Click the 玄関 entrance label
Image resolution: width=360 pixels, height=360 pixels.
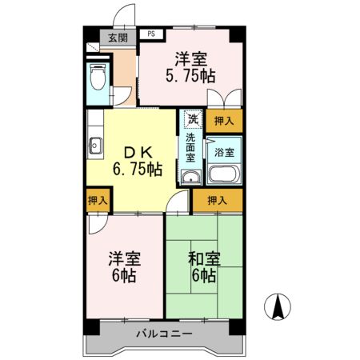point(117,38)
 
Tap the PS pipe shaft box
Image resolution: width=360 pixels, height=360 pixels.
point(150,34)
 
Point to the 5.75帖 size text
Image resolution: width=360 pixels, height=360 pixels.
point(190,77)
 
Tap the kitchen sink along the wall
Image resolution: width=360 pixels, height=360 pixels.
point(94,146)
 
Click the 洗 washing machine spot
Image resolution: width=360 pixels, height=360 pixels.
point(192,119)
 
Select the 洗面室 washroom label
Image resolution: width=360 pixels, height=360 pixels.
point(191,148)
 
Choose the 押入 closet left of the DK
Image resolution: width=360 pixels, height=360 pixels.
point(98,201)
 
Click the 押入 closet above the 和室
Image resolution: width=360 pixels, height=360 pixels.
point(217,201)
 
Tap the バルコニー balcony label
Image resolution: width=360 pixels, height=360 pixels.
point(163,332)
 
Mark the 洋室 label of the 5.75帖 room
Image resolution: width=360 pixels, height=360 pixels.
point(190,58)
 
